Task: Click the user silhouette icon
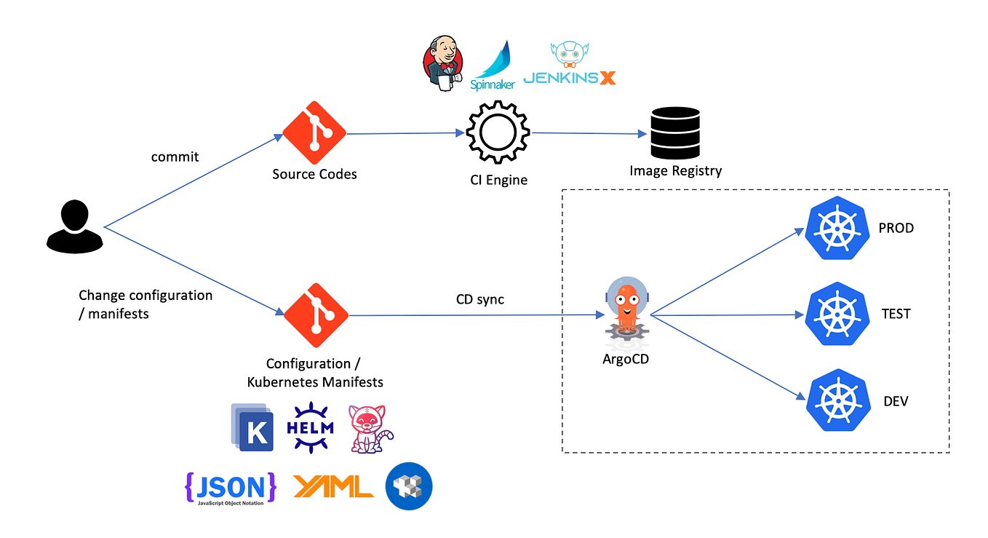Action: [75, 226]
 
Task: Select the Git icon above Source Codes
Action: [314, 132]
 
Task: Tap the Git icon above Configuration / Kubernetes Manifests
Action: [316, 315]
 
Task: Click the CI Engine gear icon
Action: [498, 133]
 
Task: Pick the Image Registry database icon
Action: [675, 132]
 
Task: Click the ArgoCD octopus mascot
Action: [626, 308]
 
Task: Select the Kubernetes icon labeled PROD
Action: [838, 229]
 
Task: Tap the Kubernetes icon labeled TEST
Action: [838, 315]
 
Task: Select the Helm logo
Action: [310, 428]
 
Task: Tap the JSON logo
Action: [231, 487]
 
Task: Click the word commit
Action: [175, 157]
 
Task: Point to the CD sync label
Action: [479, 299]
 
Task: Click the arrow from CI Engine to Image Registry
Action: [589, 133]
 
